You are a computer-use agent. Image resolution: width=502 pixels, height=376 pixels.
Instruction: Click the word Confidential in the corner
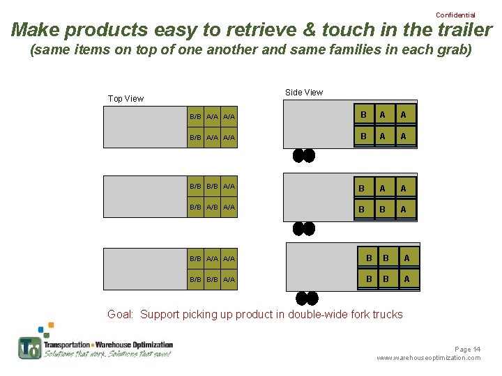(x=455, y=15)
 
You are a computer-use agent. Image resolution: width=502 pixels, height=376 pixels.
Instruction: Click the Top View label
(x=125, y=98)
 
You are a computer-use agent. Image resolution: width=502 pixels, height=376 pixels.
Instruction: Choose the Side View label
(x=304, y=92)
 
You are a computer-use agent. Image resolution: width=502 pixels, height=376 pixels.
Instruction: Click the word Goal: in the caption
(x=121, y=314)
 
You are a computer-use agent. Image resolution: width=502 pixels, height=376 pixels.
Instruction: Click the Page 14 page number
(x=467, y=349)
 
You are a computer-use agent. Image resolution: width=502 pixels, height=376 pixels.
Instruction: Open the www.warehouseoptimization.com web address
(x=428, y=358)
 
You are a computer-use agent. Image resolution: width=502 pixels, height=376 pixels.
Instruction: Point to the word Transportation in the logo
(x=67, y=345)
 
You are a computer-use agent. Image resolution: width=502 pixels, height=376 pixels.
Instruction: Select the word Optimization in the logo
(x=149, y=345)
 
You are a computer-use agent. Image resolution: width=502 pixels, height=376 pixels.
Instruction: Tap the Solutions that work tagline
(x=75, y=354)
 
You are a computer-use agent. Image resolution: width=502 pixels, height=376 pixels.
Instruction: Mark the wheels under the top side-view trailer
(x=303, y=155)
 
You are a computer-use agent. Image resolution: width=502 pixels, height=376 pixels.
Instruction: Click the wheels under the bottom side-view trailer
(x=306, y=299)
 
